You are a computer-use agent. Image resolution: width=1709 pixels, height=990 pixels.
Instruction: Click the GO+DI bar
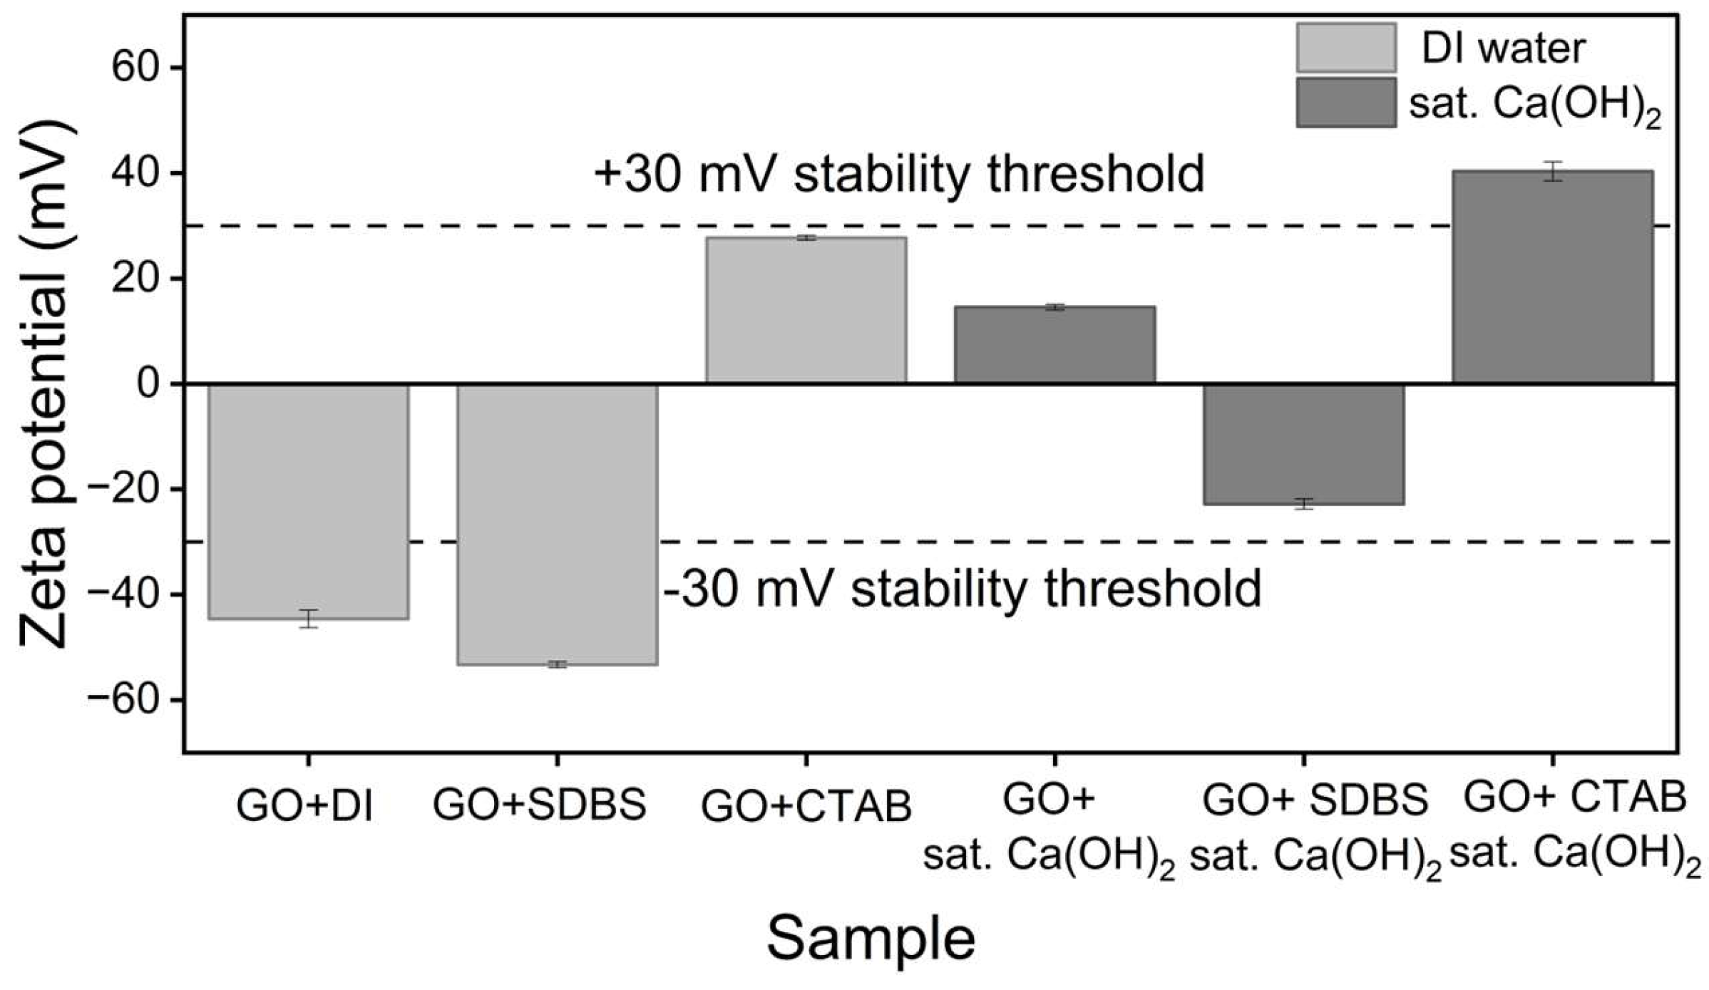coord(309,501)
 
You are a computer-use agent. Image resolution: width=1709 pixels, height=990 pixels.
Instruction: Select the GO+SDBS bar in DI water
coord(558,525)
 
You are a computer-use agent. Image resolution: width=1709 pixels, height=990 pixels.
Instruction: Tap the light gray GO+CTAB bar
coord(806,310)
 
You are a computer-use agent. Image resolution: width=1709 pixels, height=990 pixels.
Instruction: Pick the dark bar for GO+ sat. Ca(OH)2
coord(1055,345)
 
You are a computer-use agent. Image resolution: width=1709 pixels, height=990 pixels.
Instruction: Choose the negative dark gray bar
coord(1304,444)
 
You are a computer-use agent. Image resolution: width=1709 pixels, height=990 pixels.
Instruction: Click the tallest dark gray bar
coord(1553,277)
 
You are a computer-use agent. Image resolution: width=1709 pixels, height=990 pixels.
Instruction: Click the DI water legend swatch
coord(1346,48)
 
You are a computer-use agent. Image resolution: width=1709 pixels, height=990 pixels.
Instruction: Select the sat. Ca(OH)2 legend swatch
coord(1346,103)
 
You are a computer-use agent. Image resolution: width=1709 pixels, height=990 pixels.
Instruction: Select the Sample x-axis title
coord(871,939)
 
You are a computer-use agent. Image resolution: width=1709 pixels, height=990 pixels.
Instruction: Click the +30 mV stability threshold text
coord(899,175)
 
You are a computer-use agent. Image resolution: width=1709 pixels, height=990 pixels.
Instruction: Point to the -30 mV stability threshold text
coord(963,589)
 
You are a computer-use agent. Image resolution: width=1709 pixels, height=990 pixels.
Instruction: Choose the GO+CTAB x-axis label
coord(806,806)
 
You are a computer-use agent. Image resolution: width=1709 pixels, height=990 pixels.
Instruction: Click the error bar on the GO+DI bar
coord(309,619)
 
